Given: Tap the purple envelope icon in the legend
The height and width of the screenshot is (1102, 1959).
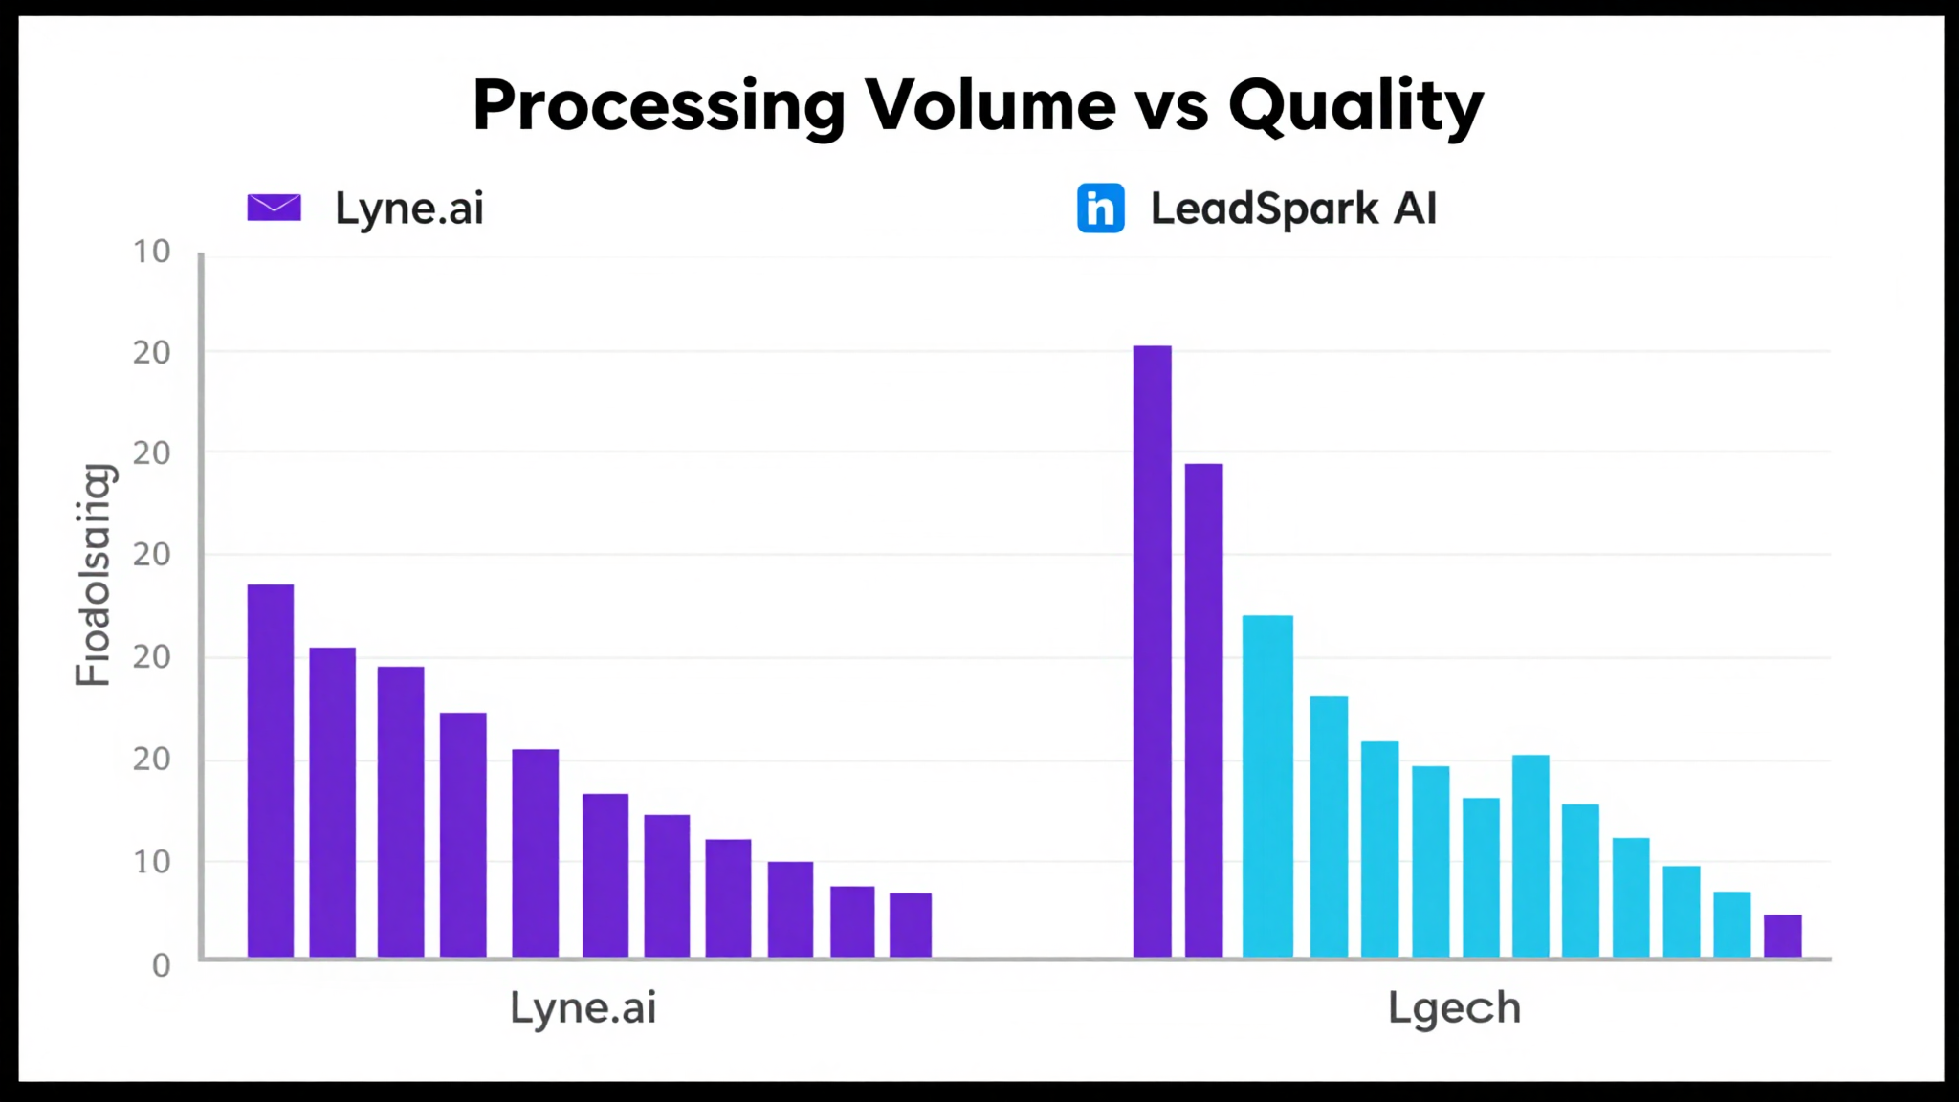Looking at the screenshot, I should pyautogui.click(x=275, y=208).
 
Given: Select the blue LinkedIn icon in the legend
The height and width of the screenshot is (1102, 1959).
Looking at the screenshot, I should pyautogui.click(x=1100, y=208).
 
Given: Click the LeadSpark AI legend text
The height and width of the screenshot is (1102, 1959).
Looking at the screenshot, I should pyautogui.click(x=1293, y=208).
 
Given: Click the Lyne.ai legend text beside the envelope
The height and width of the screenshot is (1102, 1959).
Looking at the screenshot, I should pyautogui.click(x=409, y=208).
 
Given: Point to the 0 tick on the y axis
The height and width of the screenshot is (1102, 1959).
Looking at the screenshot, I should pyautogui.click(x=161, y=965).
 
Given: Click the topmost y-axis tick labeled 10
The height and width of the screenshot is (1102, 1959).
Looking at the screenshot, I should pyautogui.click(x=151, y=252).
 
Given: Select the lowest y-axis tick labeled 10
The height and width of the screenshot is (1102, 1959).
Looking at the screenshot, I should pyautogui.click(x=151, y=862).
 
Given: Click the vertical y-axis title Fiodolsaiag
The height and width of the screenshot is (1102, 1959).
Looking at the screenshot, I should pyautogui.click(x=94, y=574).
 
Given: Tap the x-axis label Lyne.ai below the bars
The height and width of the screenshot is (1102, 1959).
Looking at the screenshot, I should pyautogui.click(x=583, y=1007).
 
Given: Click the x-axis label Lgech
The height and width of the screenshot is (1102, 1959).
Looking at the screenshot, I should pyautogui.click(x=1454, y=1008).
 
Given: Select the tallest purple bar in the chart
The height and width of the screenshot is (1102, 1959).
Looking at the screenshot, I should pyautogui.click(x=1152, y=650).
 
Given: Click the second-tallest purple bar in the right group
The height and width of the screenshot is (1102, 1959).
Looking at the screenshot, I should pyautogui.click(x=1203, y=710).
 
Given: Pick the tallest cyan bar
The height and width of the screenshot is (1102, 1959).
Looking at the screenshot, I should pyautogui.click(x=1267, y=784).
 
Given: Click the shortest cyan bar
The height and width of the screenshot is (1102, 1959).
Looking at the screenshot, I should pyautogui.click(x=1782, y=936).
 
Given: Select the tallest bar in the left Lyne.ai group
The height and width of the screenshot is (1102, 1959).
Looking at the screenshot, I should pyautogui.click(x=271, y=770).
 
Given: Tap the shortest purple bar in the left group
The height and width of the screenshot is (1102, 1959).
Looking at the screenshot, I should pyautogui.click(x=910, y=924).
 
